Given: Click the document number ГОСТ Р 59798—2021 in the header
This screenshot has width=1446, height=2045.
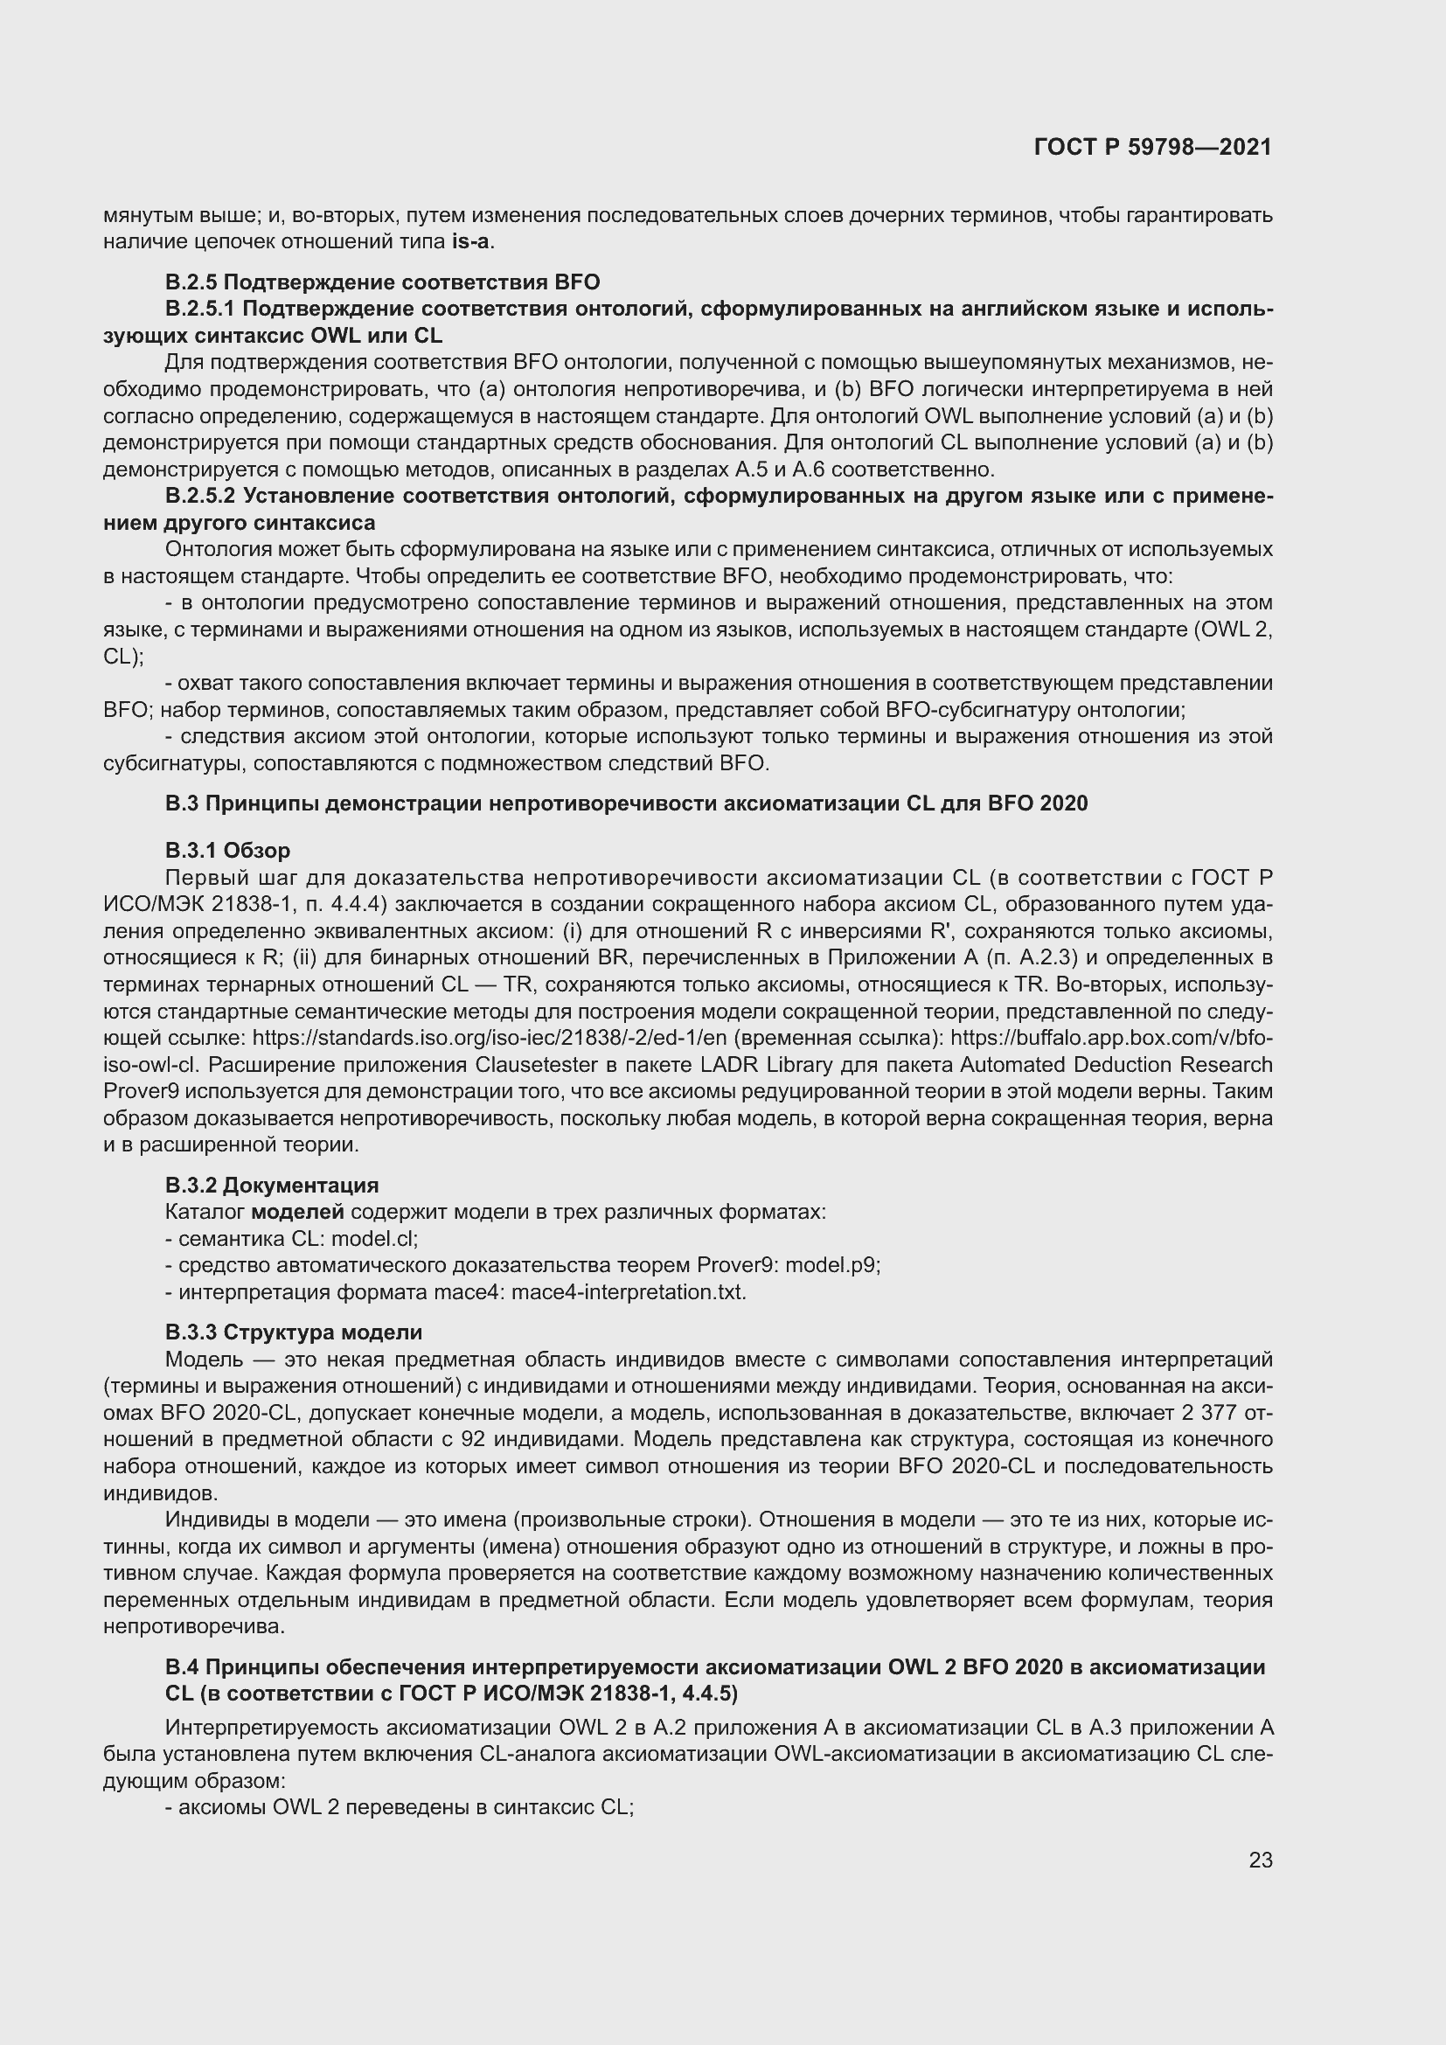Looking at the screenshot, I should pyautogui.click(x=1152, y=148).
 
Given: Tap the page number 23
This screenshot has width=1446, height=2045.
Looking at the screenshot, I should pyautogui.click(x=1260, y=1860).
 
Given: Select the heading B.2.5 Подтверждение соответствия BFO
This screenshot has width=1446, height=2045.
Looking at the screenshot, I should pyautogui.click(x=382, y=282).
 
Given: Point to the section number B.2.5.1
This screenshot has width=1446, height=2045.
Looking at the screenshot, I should pyautogui.click(x=200, y=309).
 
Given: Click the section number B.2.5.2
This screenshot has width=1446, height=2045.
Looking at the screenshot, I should pyautogui.click(x=200, y=496).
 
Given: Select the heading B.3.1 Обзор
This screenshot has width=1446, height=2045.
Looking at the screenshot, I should pyautogui.click(x=227, y=850).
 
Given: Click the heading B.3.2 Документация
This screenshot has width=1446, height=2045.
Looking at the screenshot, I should pyautogui.click(x=272, y=1186).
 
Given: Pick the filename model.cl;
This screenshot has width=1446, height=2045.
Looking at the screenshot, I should pyautogui.click(x=375, y=1239).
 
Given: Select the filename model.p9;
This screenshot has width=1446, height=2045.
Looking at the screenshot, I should pyautogui.click(x=832, y=1266).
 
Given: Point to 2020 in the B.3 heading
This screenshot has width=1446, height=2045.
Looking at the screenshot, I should pyautogui.click(x=1063, y=803).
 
